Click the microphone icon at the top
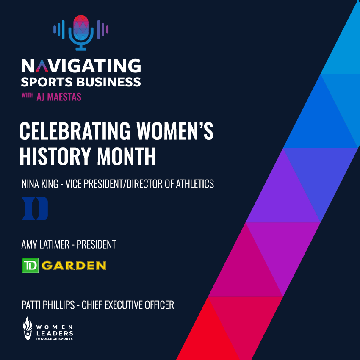(81, 33)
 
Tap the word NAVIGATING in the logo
(81, 66)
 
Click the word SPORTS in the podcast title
(47, 82)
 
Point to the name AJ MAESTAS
(59, 97)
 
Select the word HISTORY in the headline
(55, 156)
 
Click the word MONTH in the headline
(127, 156)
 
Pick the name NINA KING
(40, 184)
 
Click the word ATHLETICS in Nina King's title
(195, 184)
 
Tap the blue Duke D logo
(35, 208)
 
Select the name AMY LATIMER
(45, 244)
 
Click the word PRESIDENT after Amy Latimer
(96, 244)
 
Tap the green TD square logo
(30, 266)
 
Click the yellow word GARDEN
(74, 266)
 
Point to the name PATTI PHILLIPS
(48, 305)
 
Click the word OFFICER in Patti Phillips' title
(160, 305)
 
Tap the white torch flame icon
(28, 328)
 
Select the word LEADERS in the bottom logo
(55, 333)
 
